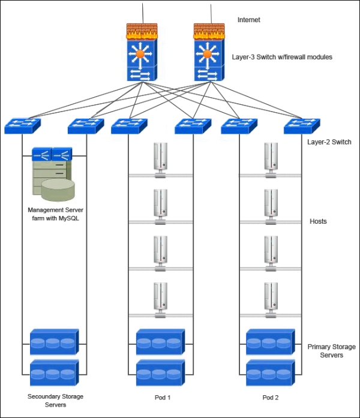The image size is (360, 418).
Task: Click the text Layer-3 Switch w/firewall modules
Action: tap(282, 57)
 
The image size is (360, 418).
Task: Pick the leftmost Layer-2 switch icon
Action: tap(22, 125)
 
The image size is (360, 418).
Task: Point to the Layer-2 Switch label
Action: tap(329, 142)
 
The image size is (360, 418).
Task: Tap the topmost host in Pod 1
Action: tap(160, 159)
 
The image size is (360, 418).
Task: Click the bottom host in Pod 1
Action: tap(160, 298)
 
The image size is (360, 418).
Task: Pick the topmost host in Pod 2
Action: tap(271, 159)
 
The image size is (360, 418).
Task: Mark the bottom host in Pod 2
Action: tap(271, 298)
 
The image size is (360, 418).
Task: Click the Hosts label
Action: tap(318, 221)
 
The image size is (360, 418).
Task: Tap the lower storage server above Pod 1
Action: tap(160, 373)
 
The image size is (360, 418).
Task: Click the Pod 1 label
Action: tap(160, 398)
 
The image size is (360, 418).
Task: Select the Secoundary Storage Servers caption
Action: tap(56, 401)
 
